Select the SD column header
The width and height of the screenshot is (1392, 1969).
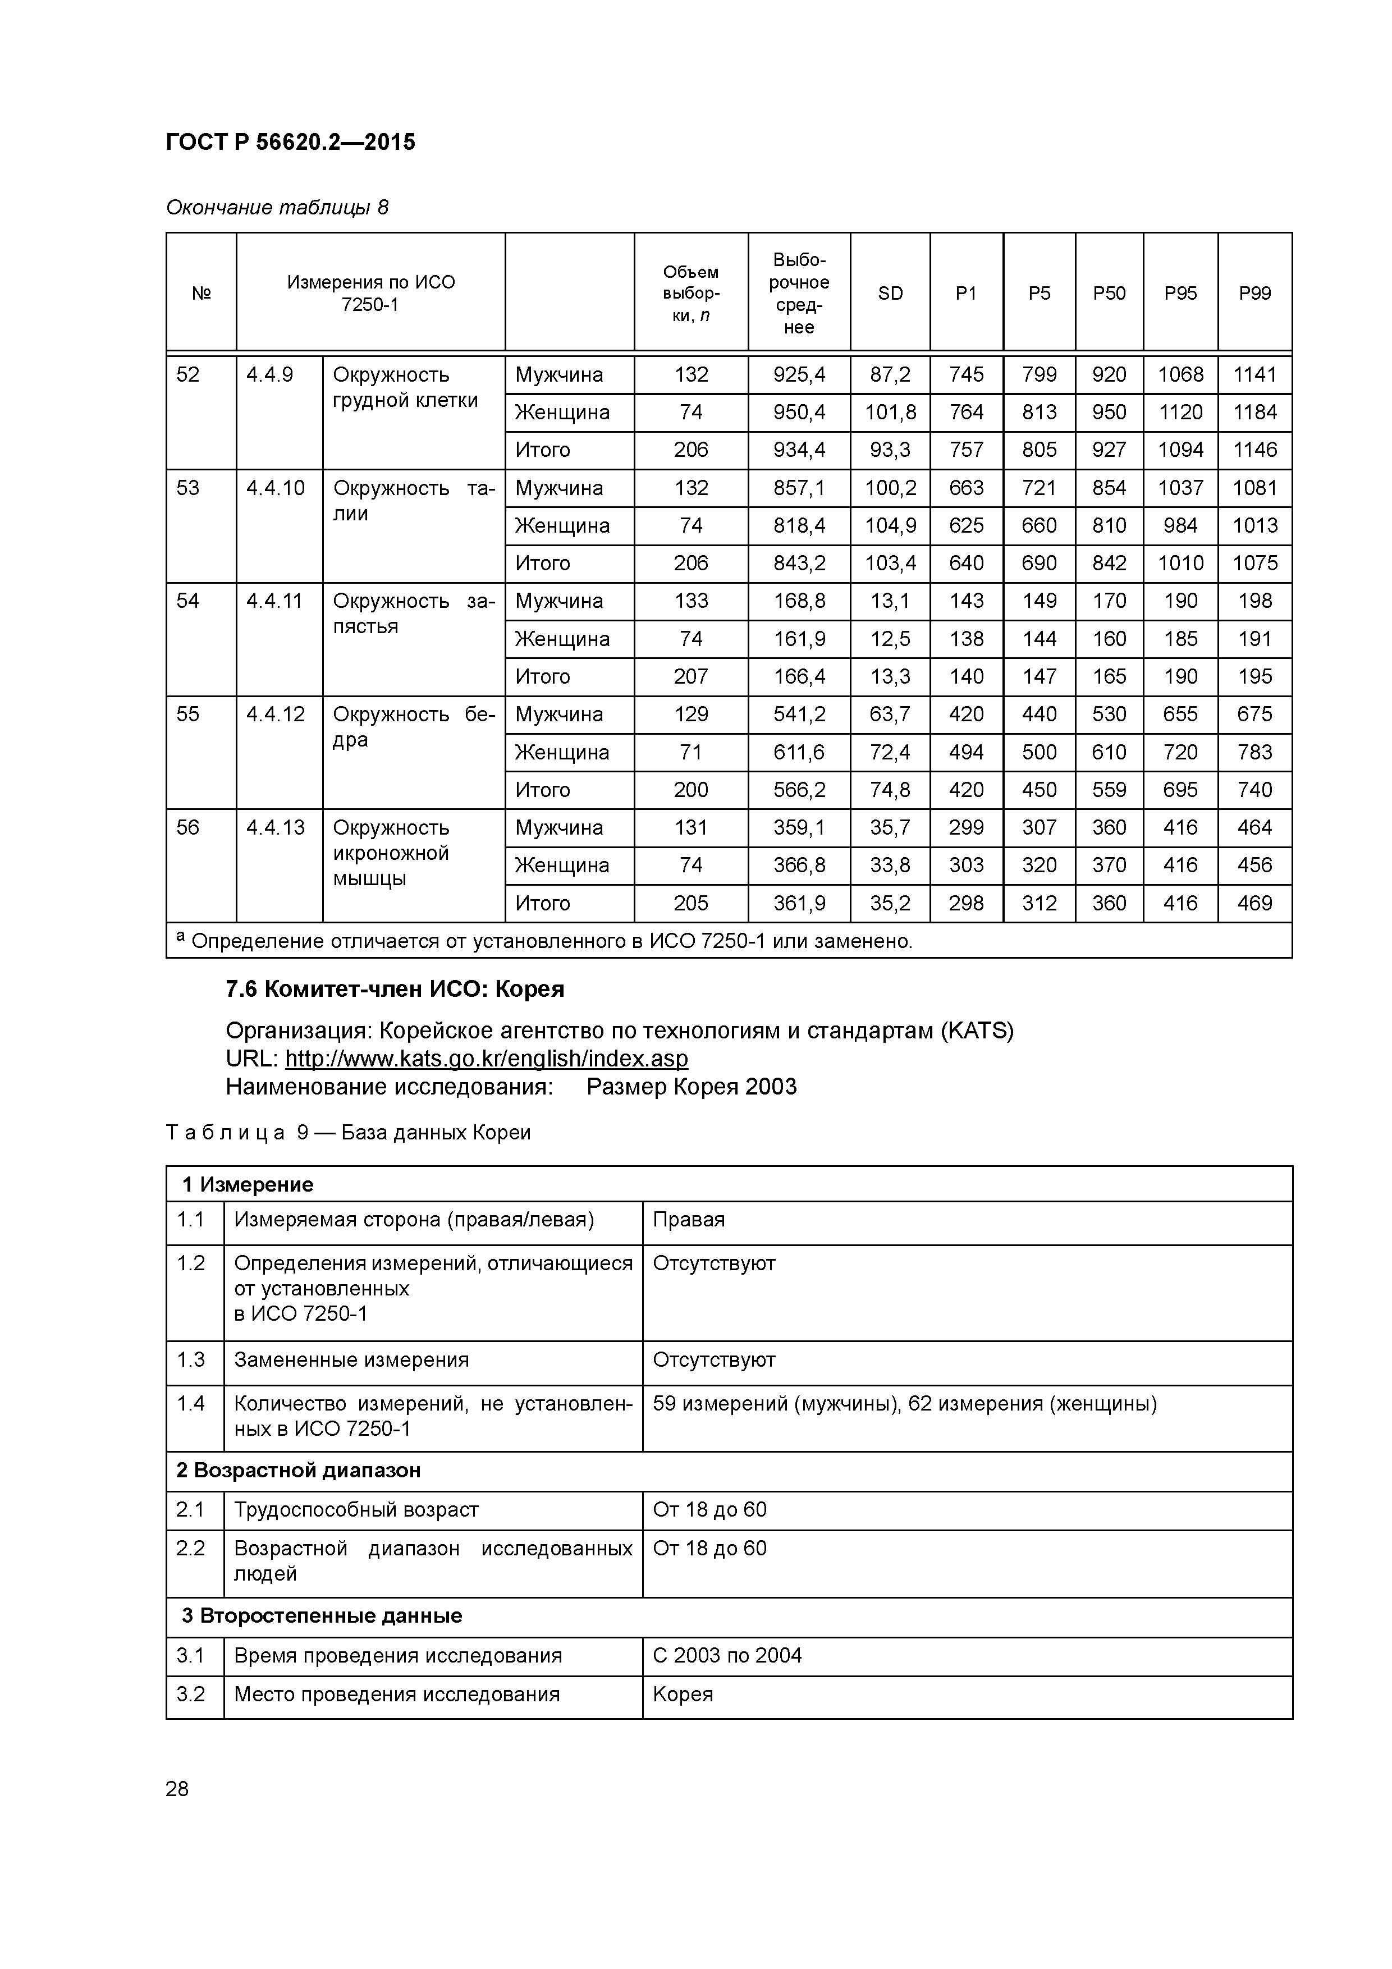(890, 294)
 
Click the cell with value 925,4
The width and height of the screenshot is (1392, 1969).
(799, 375)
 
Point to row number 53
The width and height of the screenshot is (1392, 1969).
(188, 488)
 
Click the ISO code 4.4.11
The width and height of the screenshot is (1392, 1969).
(274, 601)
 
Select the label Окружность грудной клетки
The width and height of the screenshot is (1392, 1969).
(405, 388)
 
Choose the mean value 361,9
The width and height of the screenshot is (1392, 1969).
(799, 903)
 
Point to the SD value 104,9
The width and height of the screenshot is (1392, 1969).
(890, 526)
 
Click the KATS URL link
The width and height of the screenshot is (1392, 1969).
(486, 1058)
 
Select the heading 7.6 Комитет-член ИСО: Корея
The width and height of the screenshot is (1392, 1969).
(395, 990)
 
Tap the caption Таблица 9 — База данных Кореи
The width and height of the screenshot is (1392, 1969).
(348, 1132)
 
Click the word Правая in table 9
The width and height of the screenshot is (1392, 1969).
(689, 1220)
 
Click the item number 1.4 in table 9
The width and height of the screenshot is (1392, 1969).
(190, 1404)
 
